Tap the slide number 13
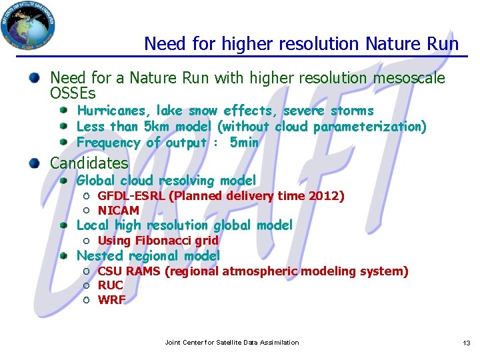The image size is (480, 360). (x=466, y=343)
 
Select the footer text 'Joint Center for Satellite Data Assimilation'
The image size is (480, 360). (x=231, y=343)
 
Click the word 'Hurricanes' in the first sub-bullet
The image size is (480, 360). (x=113, y=111)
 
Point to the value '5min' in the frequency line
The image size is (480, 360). (x=243, y=143)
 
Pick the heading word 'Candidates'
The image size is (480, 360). (x=89, y=163)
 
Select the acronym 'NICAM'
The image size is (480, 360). (x=118, y=211)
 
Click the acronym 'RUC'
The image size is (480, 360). (x=110, y=285)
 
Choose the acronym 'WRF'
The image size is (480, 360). (x=111, y=300)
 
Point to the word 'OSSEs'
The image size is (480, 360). (x=73, y=93)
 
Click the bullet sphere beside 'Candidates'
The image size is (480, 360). (x=33, y=163)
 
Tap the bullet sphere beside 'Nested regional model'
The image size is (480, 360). (x=63, y=256)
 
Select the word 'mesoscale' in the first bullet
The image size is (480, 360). (x=409, y=79)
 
